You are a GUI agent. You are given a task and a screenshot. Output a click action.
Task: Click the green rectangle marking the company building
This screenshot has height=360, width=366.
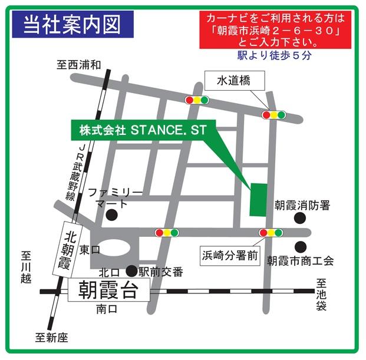258,200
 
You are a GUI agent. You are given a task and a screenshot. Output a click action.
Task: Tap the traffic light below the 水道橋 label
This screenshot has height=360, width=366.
273,115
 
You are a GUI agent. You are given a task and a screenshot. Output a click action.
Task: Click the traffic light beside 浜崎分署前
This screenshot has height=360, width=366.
272,233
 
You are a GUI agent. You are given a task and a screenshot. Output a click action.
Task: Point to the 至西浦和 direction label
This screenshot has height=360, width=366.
80,64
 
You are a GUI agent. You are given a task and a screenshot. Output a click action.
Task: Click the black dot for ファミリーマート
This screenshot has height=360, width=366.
111,216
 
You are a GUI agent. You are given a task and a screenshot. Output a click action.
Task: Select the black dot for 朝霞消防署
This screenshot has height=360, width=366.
301,219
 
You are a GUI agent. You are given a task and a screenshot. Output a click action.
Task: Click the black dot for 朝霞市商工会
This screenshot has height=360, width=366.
301,246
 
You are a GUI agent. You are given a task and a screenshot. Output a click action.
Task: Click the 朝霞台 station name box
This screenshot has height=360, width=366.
108,290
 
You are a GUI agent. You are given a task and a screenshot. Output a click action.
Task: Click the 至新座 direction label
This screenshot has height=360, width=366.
52,338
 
